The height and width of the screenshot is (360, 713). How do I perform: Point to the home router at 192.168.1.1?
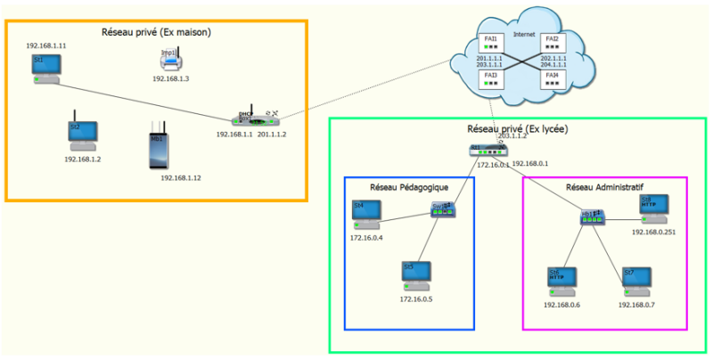253,118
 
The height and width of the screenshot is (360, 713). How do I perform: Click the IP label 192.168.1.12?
181,177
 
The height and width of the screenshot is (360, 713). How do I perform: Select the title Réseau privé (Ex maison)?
157,32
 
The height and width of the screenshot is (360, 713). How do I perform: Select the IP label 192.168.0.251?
655,231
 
